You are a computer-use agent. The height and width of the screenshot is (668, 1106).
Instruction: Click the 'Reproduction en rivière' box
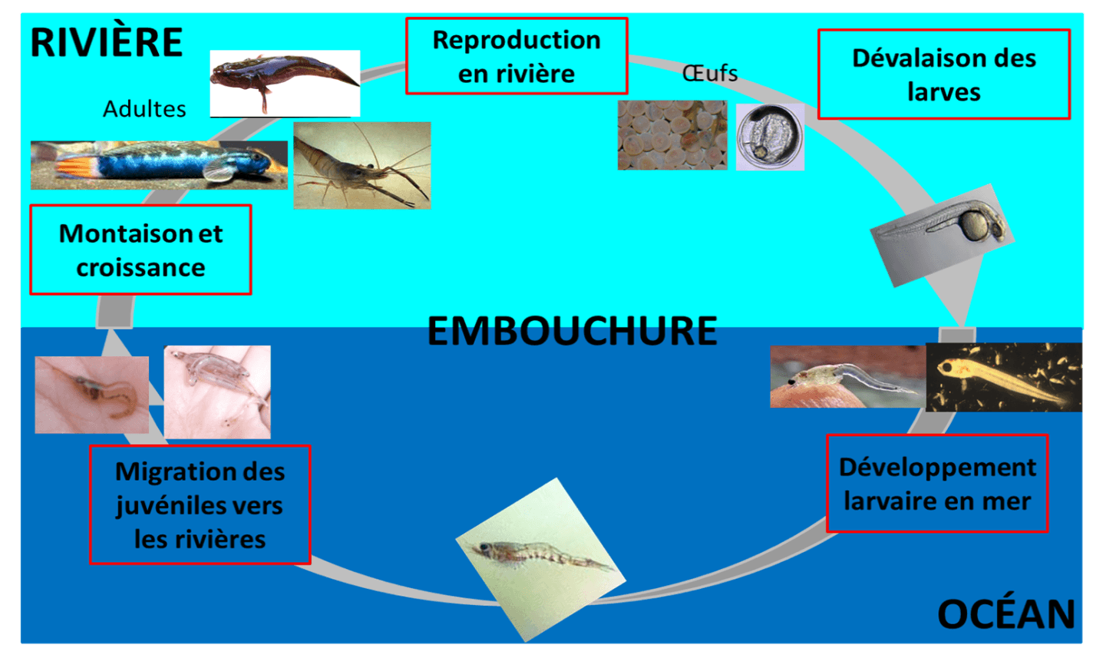[517, 57]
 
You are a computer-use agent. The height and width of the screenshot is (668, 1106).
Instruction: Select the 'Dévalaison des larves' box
[943, 74]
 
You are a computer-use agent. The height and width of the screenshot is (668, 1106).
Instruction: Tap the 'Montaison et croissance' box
[140, 250]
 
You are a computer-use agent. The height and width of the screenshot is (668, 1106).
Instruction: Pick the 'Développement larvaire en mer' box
[936, 484]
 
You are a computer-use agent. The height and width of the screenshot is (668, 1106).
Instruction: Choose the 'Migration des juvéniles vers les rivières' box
[200, 505]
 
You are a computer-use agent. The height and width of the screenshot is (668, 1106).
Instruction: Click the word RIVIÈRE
[106, 42]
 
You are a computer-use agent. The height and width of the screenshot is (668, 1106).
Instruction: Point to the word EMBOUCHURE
[572, 331]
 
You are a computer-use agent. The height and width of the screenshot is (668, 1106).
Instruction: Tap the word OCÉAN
[1005, 614]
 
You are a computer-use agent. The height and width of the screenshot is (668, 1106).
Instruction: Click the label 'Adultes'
[144, 109]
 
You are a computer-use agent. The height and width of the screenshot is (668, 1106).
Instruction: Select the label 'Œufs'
[710, 73]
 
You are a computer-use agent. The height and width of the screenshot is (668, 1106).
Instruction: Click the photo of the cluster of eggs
[672, 135]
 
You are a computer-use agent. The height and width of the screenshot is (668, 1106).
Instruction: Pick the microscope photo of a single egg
[770, 137]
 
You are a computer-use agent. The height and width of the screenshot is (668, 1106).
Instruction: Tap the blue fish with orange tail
[159, 164]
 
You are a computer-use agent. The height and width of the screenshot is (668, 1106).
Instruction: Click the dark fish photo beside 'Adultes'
[285, 83]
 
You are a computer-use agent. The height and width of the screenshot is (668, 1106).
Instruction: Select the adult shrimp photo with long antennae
[362, 165]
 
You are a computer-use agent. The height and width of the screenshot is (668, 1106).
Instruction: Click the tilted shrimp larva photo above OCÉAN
[540, 559]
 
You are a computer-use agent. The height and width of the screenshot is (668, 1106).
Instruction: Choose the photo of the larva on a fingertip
[847, 376]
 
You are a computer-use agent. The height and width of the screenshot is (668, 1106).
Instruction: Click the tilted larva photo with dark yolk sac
[942, 233]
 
